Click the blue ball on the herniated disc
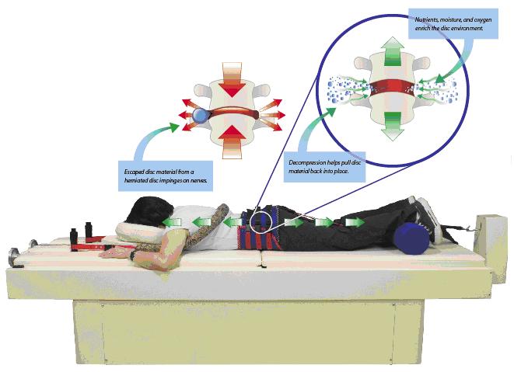tap(202, 116)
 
